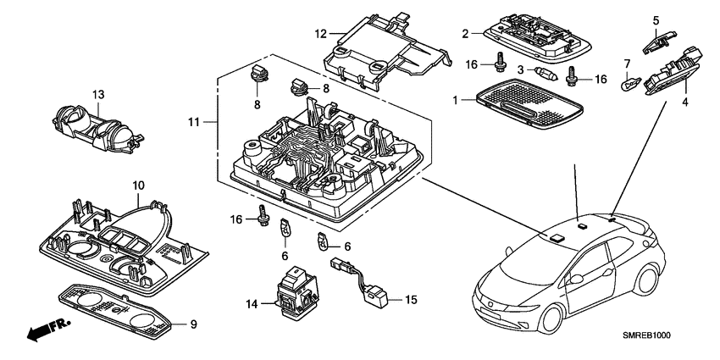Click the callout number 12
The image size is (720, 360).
click(x=320, y=34)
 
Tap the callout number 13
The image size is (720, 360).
click(x=98, y=93)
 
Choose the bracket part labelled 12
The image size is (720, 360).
click(x=385, y=55)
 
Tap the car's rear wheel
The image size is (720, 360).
click(x=650, y=285)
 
